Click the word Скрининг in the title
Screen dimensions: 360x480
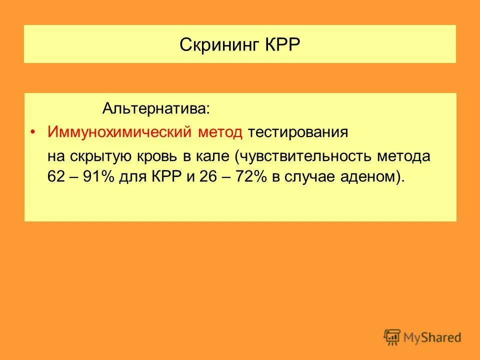[x=218, y=45]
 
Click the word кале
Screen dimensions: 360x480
[x=215, y=156]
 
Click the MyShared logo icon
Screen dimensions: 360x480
[x=392, y=337]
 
